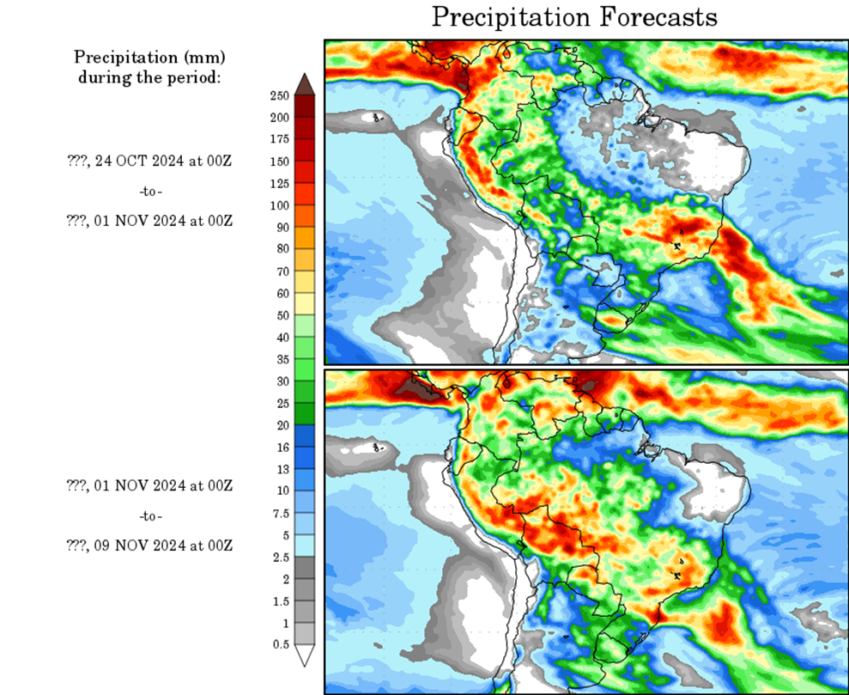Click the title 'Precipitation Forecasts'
(x=573, y=17)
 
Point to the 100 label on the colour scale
(x=281, y=205)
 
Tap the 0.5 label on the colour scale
(x=281, y=643)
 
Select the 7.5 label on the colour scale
(x=281, y=513)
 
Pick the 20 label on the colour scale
(x=281, y=424)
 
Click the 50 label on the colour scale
(x=281, y=314)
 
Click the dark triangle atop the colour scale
(x=305, y=83)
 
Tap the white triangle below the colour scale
(x=305, y=656)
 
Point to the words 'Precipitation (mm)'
(x=149, y=58)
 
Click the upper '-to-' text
(x=150, y=190)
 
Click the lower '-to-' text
(x=150, y=515)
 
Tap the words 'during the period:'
(x=149, y=77)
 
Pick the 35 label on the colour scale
(x=281, y=359)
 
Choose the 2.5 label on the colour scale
(x=281, y=557)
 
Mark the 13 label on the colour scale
(x=281, y=469)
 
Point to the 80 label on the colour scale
(x=281, y=249)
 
